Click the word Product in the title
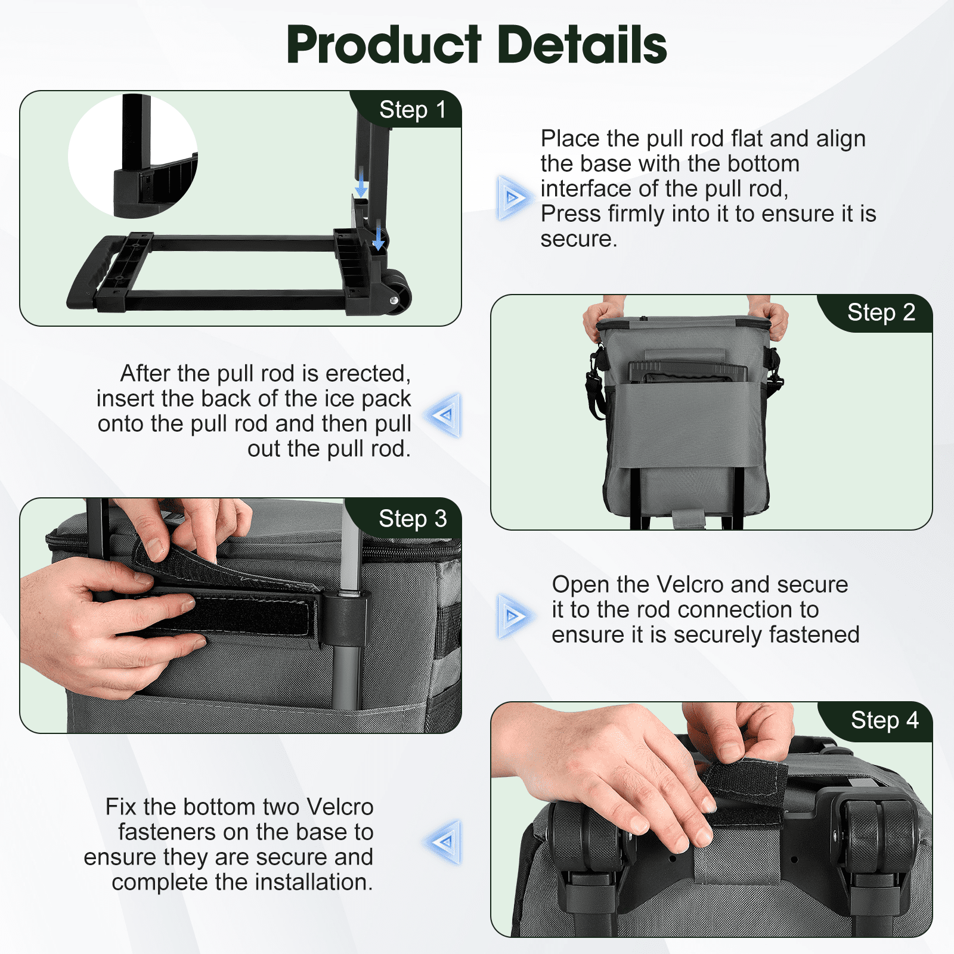pos(384,45)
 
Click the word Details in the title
pos(582,45)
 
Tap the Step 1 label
pos(413,110)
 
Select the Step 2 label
pos(881,312)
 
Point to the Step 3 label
pos(413,519)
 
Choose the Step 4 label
pos(885,720)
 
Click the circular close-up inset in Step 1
pos(133,156)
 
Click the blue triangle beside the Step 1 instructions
pos(512,197)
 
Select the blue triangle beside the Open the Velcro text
pos(512,616)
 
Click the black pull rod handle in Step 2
pos(688,371)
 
